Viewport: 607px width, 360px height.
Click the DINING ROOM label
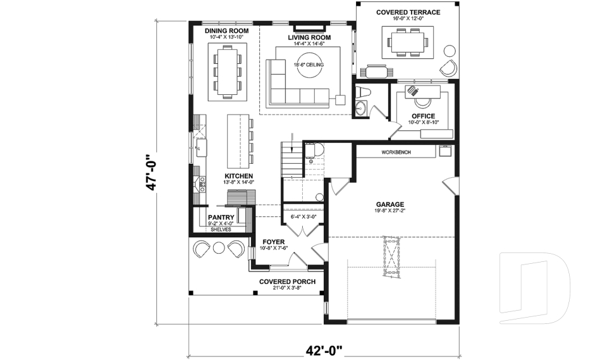(x=226, y=31)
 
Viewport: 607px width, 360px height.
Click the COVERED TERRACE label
(x=408, y=12)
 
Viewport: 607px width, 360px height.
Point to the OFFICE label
(x=423, y=116)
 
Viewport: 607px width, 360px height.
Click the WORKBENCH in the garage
(x=396, y=152)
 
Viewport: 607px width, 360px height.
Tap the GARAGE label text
(x=390, y=204)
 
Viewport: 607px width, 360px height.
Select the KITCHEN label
(x=239, y=176)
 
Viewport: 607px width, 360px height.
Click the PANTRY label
(x=221, y=217)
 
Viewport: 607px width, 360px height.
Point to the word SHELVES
(x=221, y=230)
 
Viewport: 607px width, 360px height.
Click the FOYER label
(x=274, y=242)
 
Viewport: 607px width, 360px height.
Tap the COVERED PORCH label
(x=288, y=282)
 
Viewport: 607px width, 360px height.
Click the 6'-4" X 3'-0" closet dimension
(x=303, y=217)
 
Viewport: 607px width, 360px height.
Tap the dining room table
(x=227, y=72)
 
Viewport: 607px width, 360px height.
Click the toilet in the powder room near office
(x=362, y=93)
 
